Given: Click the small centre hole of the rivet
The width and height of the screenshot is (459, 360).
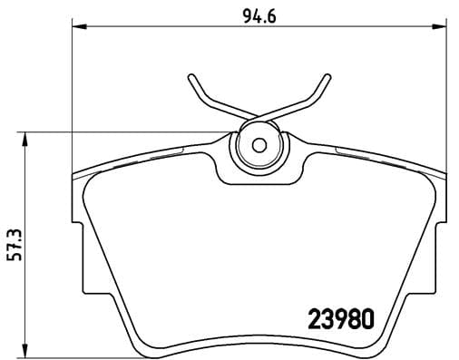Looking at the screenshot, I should [258, 145].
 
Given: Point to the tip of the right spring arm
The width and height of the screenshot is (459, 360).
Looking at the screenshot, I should [327, 75].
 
